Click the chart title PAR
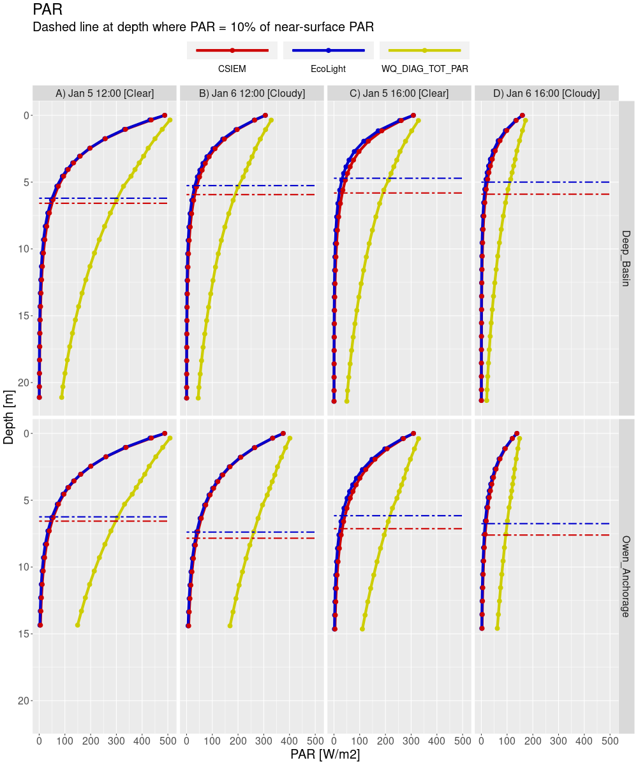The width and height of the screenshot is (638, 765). point(47,10)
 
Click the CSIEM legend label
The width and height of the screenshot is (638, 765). point(232,69)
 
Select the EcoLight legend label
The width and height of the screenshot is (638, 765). point(328,69)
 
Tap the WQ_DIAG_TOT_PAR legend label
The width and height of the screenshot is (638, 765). point(424,69)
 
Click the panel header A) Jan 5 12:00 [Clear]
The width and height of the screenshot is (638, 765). point(105,93)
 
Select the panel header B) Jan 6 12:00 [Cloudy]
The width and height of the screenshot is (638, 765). point(252,93)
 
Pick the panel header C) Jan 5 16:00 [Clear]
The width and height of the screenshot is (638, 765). point(399,93)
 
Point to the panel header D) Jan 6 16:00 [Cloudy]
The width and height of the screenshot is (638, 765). point(547,93)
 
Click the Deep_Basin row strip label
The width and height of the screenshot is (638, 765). point(626,258)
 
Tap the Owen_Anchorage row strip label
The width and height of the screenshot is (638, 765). point(626,576)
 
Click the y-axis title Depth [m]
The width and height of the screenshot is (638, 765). point(9,418)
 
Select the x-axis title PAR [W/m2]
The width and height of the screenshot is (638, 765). point(325,755)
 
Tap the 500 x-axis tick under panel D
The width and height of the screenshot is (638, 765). point(610,741)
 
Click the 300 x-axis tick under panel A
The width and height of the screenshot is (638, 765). point(116,741)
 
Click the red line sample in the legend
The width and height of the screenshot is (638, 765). point(232,50)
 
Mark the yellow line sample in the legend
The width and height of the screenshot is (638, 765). point(424,50)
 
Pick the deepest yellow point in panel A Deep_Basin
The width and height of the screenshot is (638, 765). point(62,397)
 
